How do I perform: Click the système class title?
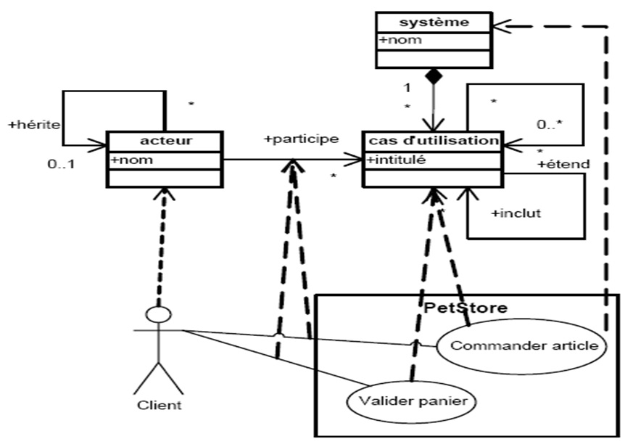(432, 22)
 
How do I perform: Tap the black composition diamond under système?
(433, 75)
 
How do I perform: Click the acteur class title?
(165, 139)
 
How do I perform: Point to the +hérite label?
(33, 124)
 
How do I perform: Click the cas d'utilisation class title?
(432, 139)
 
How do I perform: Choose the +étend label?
(563, 164)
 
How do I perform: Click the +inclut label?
(516, 213)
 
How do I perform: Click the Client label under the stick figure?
(159, 404)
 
